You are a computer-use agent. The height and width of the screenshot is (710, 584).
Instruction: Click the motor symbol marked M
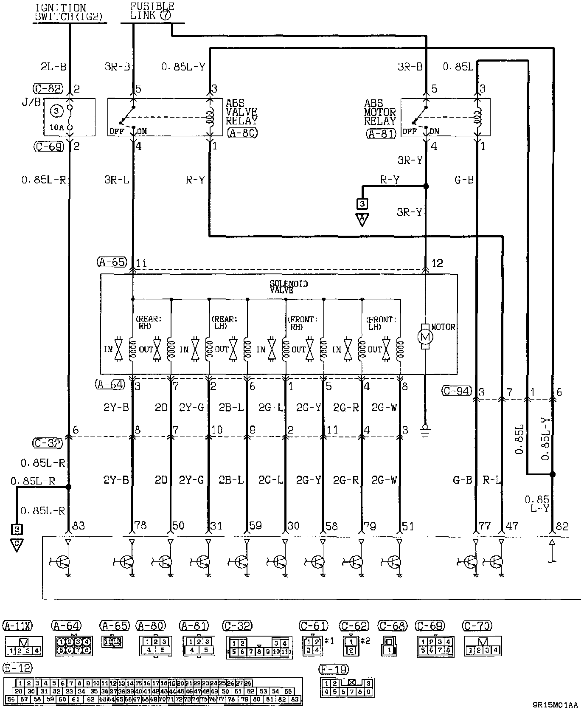pyautogui.click(x=425, y=337)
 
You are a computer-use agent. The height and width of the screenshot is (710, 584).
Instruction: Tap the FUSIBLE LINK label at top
pyautogui.click(x=152, y=11)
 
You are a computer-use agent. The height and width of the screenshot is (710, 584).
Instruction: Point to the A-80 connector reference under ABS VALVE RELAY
pyautogui.click(x=242, y=132)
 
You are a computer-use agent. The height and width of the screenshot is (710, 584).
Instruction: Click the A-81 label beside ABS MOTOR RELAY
pyautogui.click(x=380, y=133)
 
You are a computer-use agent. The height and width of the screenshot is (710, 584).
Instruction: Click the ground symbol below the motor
pyautogui.click(x=425, y=429)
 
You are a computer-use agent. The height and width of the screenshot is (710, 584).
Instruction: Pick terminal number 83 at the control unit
pyautogui.click(x=79, y=526)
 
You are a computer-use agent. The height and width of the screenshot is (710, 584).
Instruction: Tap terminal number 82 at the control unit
pyautogui.click(x=562, y=527)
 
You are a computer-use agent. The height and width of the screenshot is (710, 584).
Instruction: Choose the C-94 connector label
pyautogui.click(x=457, y=391)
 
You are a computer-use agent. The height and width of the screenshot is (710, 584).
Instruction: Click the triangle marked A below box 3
pyautogui.click(x=362, y=220)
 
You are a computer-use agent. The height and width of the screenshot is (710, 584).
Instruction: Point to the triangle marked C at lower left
pyautogui.click(x=17, y=545)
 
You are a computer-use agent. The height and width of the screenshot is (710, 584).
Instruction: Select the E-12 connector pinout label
pyautogui.click(x=17, y=668)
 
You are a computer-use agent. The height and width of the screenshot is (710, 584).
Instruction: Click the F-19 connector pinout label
pyautogui.click(x=334, y=670)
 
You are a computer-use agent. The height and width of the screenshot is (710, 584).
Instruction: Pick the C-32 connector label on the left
pyautogui.click(x=47, y=443)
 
